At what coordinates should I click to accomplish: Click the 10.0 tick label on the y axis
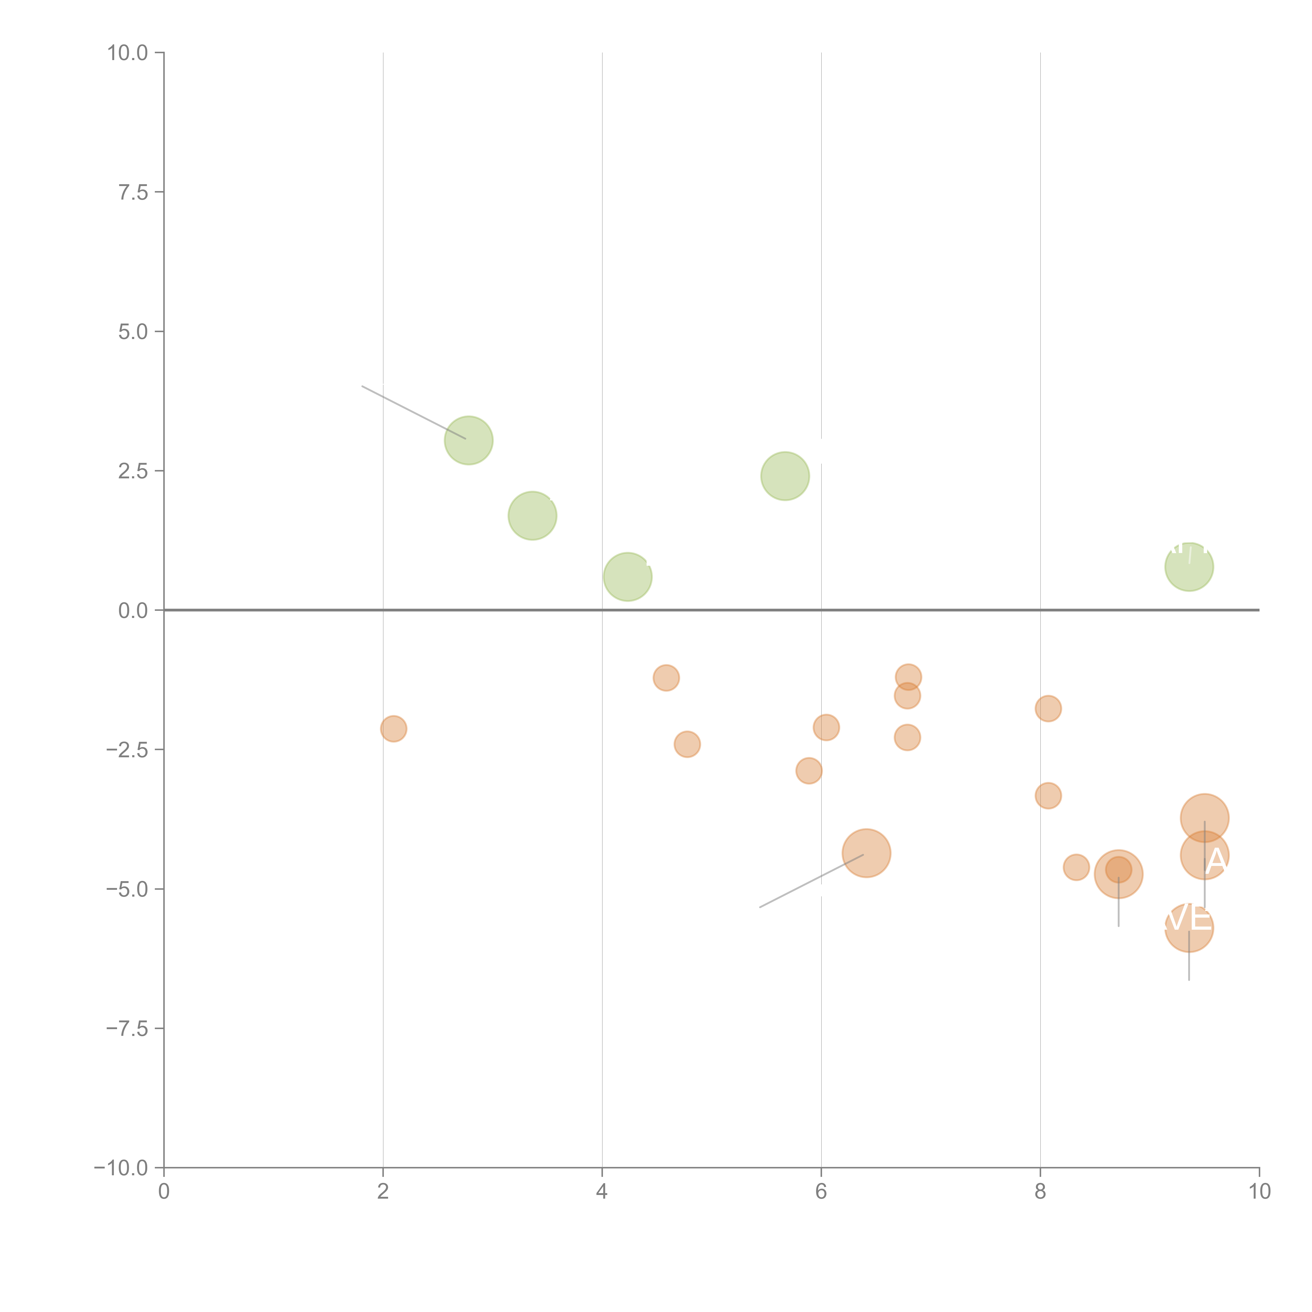(x=128, y=53)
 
